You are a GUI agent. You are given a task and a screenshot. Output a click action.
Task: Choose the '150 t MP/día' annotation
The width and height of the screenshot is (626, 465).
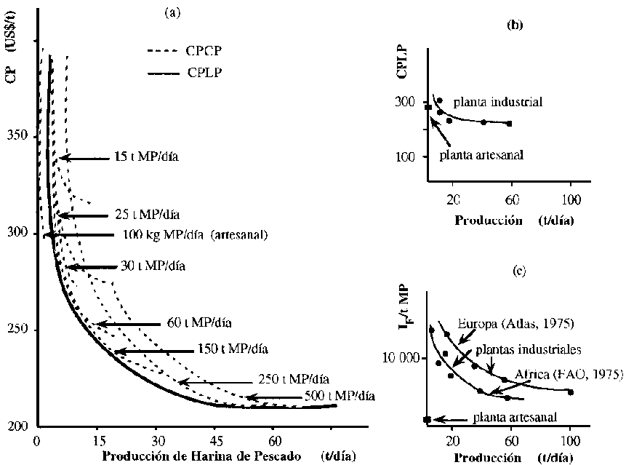coord(233,349)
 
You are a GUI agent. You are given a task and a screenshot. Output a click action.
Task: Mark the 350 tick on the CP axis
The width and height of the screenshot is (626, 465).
coord(20,137)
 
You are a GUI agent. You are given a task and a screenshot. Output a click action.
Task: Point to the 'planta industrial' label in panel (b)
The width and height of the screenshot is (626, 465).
coord(498,101)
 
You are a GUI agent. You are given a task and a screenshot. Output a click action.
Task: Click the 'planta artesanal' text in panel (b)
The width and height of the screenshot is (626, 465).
coord(480,155)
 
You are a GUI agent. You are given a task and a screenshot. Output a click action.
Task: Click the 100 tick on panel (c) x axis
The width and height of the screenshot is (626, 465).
coord(570,441)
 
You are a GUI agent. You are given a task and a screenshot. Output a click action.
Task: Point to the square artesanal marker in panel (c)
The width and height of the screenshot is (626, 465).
coord(427,420)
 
